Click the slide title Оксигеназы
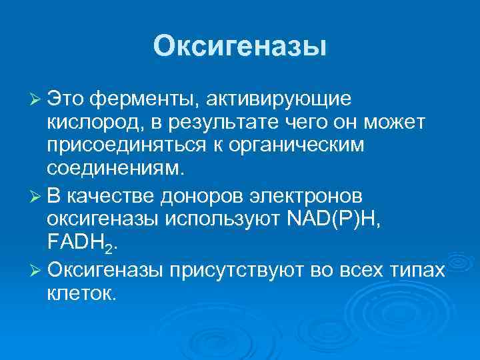(x=240, y=46)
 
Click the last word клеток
(x=82, y=295)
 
